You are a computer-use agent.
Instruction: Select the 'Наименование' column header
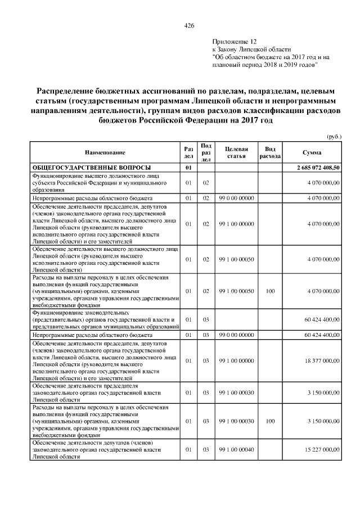[105, 152]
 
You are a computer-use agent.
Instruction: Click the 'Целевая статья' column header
[236, 152]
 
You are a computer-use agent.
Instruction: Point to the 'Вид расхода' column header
[269, 152]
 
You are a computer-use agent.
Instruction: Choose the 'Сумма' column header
[312, 152]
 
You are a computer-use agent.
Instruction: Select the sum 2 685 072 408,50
[318, 168]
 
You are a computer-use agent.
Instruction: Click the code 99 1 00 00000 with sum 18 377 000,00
[237, 360]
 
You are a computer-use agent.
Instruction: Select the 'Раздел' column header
[188, 152]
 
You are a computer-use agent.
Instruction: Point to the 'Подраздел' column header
[206, 152]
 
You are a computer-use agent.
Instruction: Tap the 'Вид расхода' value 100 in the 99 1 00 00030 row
[269, 421]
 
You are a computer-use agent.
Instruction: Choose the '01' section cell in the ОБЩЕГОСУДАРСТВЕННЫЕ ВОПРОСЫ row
[188, 168]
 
